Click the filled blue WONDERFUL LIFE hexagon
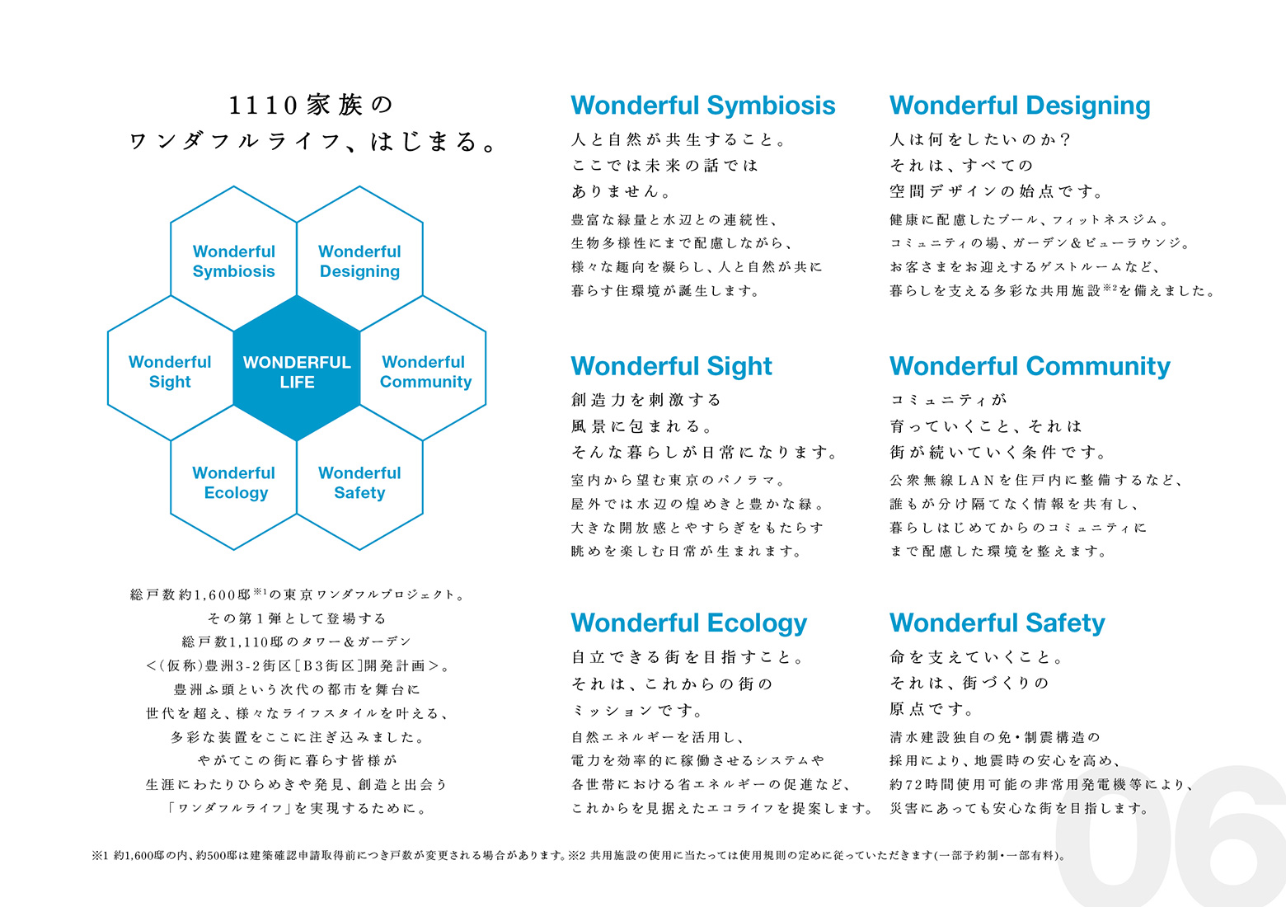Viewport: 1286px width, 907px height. [297, 369]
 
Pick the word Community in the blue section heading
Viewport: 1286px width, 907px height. [1098, 366]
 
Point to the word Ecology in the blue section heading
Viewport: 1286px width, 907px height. [757, 624]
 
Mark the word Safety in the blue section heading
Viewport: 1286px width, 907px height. [1065, 624]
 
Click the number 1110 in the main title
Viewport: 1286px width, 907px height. [263, 105]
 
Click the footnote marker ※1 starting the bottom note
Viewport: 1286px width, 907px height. [100, 856]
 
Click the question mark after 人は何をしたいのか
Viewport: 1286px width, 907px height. [1066, 139]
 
